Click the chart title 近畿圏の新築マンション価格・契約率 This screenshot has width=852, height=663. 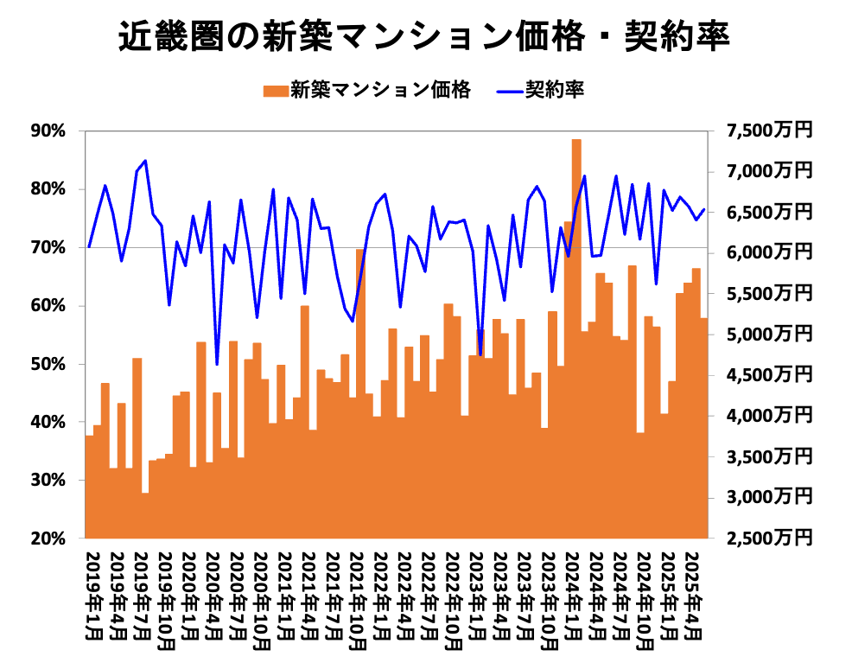[425, 37]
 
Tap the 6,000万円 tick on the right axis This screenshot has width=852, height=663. [769, 252]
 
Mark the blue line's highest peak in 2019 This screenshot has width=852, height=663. [145, 161]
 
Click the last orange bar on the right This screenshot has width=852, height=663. [704, 428]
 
